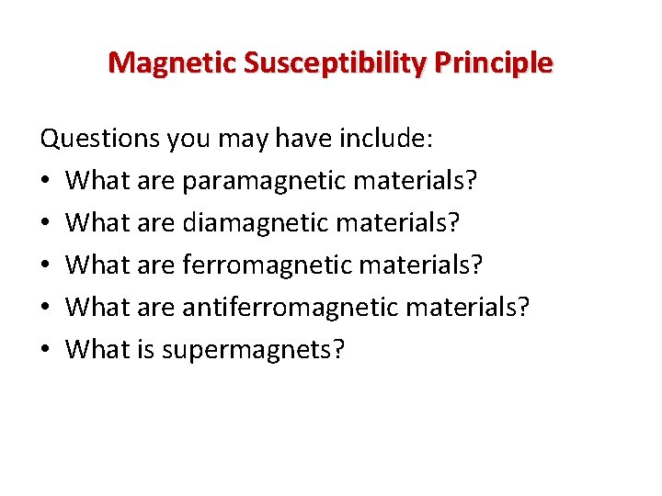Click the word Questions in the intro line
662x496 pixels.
click(x=99, y=140)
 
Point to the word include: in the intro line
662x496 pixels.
click(x=387, y=140)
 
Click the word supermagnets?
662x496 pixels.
click(x=253, y=350)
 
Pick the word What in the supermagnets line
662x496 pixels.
click(x=98, y=349)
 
